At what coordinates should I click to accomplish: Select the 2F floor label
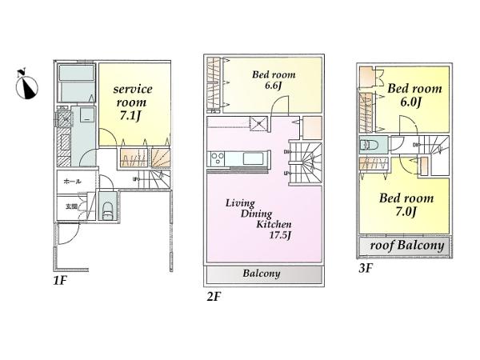coord(212,296)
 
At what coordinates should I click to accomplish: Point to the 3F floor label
coord(365,269)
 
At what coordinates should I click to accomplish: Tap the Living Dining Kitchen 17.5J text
coord(257,215)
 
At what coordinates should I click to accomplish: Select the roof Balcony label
coord(406,246)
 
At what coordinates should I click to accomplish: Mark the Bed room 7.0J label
coord(407,205)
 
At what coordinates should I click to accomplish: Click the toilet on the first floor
coord(106,210)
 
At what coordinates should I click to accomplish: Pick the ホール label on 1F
coord(70,182)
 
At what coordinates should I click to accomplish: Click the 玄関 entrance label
coord(71,206)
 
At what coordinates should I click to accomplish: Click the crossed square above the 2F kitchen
coord(258,123)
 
